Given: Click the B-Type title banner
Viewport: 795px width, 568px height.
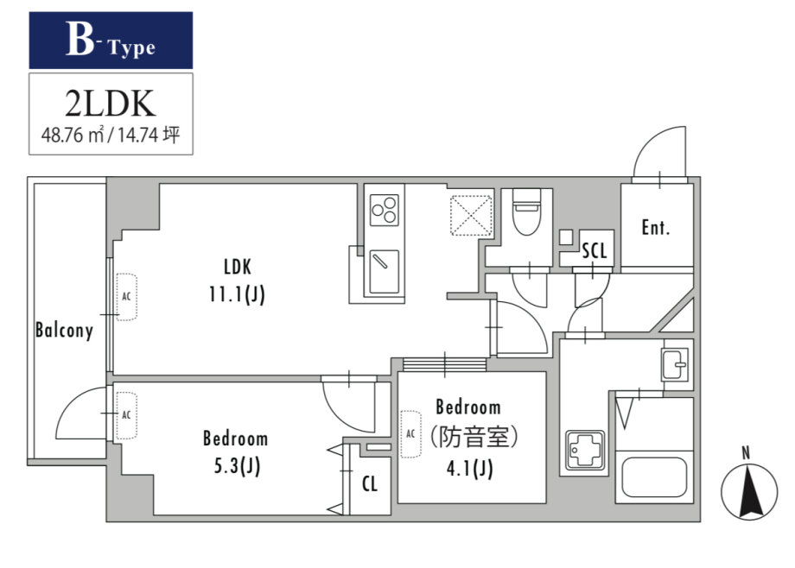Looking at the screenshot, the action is pyautogui.click(x=111, y=41).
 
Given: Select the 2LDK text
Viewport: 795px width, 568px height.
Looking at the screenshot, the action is pyautogui.click(x=110, y=104).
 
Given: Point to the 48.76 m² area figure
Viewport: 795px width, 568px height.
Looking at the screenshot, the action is pyautogui.click(x=73, y=136).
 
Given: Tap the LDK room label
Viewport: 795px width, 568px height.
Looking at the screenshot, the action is pyautogui.click(x=238, y=267).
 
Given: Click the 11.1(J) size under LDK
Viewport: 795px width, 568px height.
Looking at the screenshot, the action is pyautogui.click(x=238, y=293).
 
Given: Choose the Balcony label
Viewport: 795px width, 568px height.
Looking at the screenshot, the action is pyautogui.click(x=65, y=331).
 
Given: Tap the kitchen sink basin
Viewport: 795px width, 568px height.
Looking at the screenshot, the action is pyautogui.click(x=385, y=272).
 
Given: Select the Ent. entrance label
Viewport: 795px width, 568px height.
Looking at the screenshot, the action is pyautogui.click(x=656, y=228).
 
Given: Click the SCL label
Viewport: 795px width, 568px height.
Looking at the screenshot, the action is pyautogui.click(x=595, y=250).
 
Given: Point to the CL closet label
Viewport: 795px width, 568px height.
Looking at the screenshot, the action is pyautogui.click(x=370, y=484).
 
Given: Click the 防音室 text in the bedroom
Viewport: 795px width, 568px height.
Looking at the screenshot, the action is pyautogui.click(x=474, y=437).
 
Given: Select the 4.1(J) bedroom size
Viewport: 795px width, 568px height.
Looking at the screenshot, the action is pyautogui.click(x=470, y=469).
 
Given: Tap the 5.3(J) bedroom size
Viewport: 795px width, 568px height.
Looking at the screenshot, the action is pyautogui.click(x=237, y=465).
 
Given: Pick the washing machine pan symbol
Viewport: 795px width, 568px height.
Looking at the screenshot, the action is pyautogui.click(x=586, y=450).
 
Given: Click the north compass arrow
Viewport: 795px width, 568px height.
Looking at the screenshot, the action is pyautogui.click(x=749, y=492).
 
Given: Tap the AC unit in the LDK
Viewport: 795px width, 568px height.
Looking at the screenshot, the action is pyautogui.click(x=126, y=297).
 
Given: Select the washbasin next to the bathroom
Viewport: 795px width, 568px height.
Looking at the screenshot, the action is pyautogui.click(x=675, y=364).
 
